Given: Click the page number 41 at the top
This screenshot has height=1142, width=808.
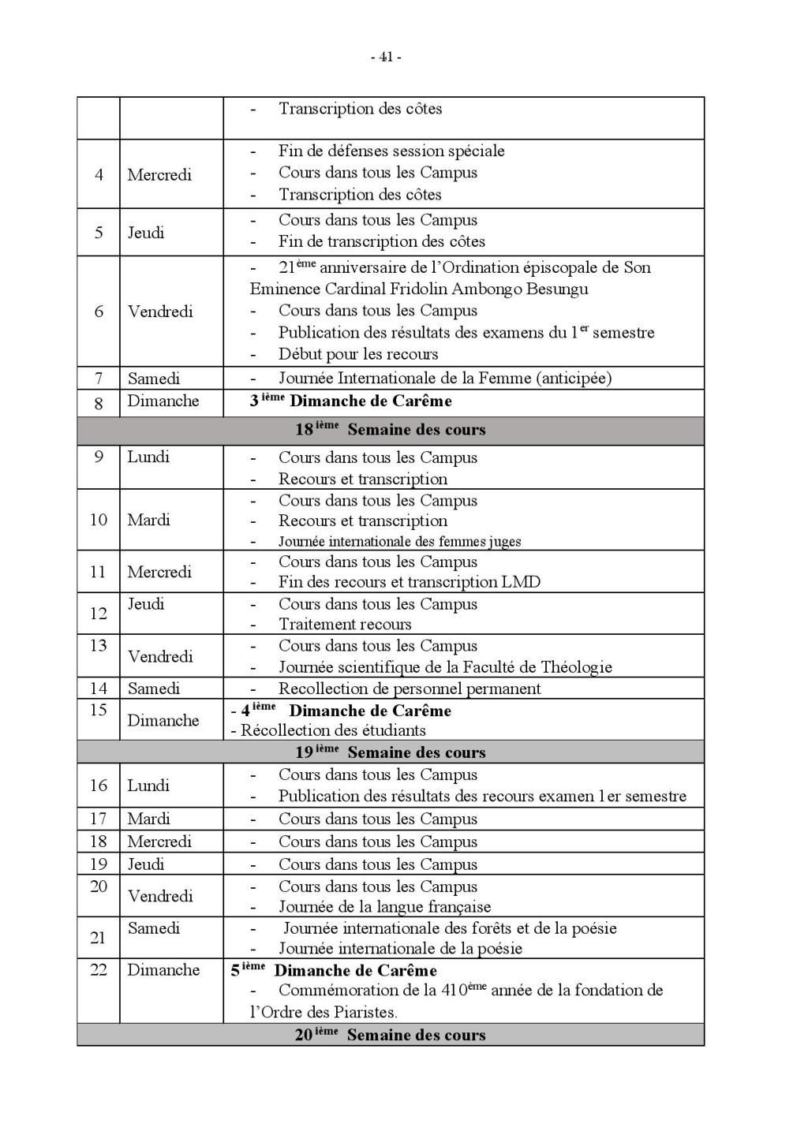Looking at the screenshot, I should pyautogui.click(x=386, y=57).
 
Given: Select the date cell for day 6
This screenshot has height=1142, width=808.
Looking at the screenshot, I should pyautogui.click(x=99, y=312).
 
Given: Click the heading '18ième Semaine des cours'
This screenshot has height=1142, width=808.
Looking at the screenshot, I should pyautogui.click(x=391, y=430).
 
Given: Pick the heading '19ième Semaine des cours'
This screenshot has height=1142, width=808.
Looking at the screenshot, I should pyautogui.click(x=391, y=752).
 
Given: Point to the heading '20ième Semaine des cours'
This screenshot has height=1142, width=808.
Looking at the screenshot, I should pyautogui.click(x=391, y=1035).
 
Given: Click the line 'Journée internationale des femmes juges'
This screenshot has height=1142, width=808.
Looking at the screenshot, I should pyautogui.click(x=399, y=542).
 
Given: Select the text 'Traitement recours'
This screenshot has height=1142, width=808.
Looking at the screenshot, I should pyautogui.click(x=346, y=625).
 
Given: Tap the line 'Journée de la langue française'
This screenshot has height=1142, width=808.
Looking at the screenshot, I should pyautogui.click(x=384, y=907).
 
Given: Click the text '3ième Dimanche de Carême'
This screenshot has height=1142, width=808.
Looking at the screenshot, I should pyautogui.click(x=351, y=401).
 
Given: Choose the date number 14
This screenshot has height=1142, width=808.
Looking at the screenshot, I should pyautogui.click(x=99, y=689).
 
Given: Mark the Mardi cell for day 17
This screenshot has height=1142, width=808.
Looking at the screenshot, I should pyautogui.click(x=149, y=819).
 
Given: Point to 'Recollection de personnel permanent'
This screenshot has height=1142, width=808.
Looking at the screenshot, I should pyautogui.click(x=410, y=689).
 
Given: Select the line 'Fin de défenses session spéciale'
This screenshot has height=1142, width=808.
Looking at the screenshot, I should pyautogui.click(x=391, y=151).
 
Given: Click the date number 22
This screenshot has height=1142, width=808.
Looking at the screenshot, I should pyautogui.click(x=99, y=970).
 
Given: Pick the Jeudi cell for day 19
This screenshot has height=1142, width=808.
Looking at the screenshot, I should pyautogui.click(x=146, y=864).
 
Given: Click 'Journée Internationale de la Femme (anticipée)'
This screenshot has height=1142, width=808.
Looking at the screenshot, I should pyautogui.click(x=445, y=379).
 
